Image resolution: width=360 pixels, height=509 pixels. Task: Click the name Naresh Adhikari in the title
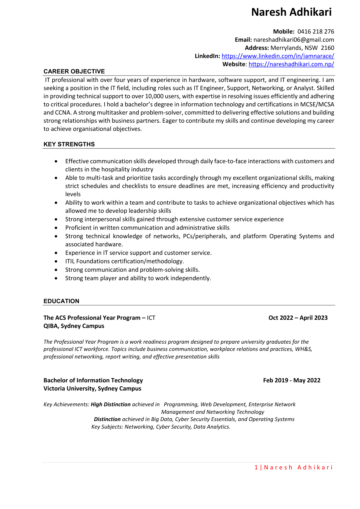click(291, 12)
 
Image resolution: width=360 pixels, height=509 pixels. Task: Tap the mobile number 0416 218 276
click(316, 31)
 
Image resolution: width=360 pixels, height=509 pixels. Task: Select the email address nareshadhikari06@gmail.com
click(294, 40)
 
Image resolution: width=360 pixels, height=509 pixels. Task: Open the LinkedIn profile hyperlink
click(277, 56)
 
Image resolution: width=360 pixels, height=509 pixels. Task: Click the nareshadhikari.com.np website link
click(291, 64)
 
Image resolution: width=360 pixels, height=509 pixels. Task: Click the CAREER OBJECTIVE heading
click(74, 71)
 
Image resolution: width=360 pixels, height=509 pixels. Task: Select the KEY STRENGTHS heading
click(69, 144)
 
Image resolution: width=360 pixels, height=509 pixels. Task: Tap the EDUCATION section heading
click(61, 301)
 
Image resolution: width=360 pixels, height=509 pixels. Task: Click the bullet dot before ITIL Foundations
click(56, 261)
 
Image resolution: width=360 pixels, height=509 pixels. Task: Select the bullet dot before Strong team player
click(56, 278)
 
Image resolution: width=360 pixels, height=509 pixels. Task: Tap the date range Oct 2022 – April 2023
click(298, 318)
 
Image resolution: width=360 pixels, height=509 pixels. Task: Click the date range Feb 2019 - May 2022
click(291, 380)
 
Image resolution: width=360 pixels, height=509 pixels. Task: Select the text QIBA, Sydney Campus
click(74, 326)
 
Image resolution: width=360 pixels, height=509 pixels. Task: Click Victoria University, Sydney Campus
click(92, 388)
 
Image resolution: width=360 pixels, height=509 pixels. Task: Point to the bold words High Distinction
click(111, 404)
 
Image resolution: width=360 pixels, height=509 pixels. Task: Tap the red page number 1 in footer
click(256, 468)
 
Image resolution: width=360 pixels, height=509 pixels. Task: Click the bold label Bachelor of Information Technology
click(93, 380)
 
